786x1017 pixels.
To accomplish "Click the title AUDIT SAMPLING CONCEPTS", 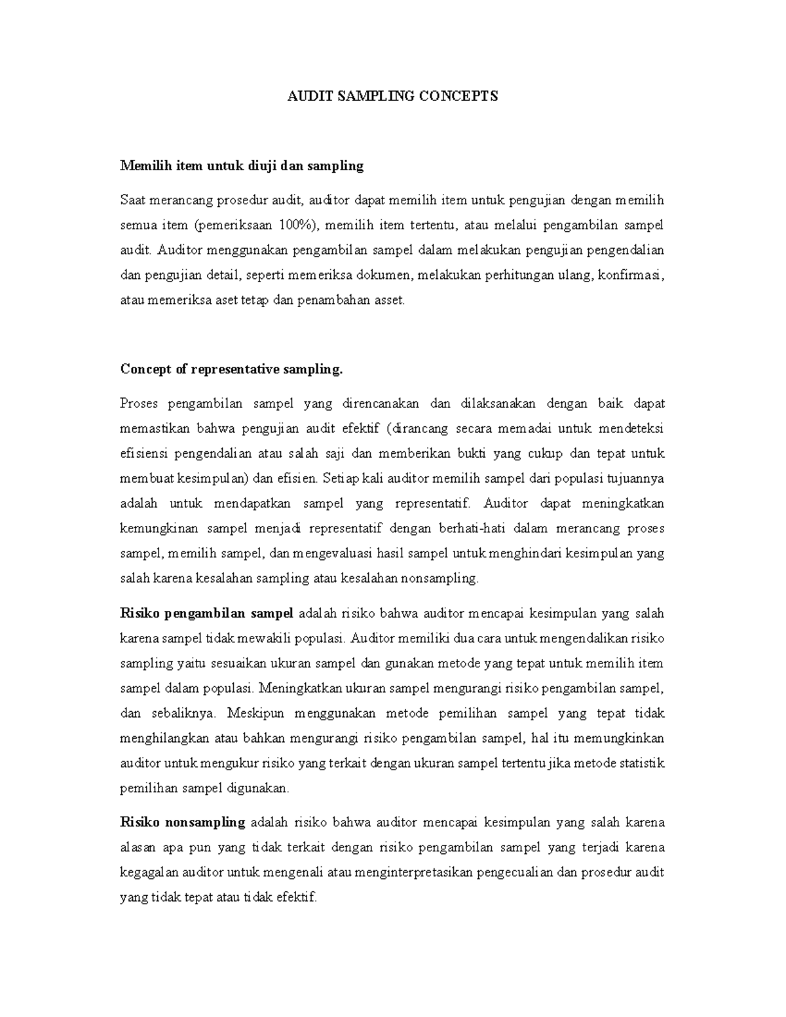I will tap(393, 96).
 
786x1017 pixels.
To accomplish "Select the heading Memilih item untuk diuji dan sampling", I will tap(242, 166).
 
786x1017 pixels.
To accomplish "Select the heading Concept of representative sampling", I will tap(231, 369).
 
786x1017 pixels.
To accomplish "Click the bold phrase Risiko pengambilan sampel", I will tap(207, 614).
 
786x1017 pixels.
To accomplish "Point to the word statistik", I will tap(643, 763).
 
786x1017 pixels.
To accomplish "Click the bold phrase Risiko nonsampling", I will tap(183, 823).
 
